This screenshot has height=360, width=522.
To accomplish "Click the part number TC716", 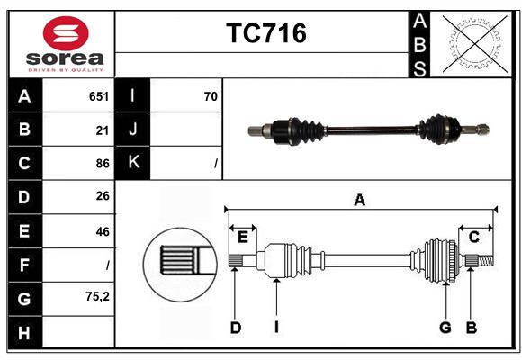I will coord(265,33).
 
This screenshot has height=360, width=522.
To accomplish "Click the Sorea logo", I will coord(65,44).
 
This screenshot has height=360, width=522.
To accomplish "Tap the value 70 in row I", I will coord(211,96).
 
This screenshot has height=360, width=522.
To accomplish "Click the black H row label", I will coord(24,333).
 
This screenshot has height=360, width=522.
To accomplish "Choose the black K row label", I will coord(132,163).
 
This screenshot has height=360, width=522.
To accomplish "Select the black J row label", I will coord(132,130).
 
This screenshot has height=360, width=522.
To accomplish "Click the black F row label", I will coord(24,265).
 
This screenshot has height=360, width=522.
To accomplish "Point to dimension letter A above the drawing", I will coord(359,201).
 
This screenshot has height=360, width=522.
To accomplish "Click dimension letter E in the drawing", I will coord(243,237).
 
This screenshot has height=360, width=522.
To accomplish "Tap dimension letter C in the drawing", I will coord(473,237).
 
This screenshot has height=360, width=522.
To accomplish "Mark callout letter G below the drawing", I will coord(445,328).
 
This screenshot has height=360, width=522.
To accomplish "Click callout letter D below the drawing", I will coord(235,328).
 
